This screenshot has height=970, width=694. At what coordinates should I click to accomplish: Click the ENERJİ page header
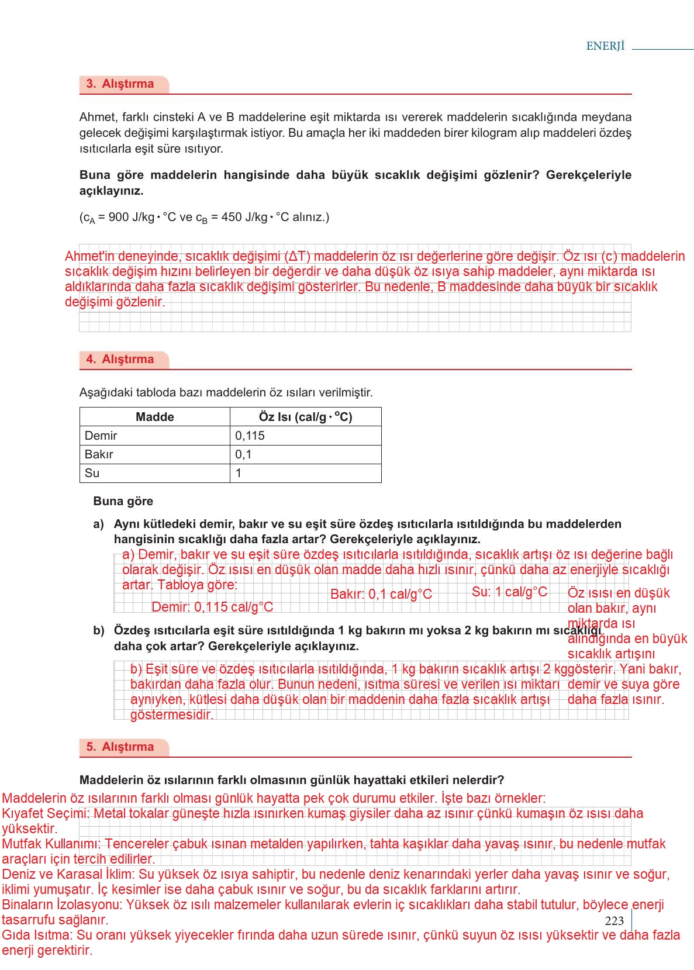[x=605, y=46]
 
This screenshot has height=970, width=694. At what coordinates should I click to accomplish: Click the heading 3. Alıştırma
[x=120, y=84]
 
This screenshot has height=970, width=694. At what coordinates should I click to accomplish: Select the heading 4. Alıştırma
[x=120, y=359]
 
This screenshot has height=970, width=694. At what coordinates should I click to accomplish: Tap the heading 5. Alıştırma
[x=120, y=747]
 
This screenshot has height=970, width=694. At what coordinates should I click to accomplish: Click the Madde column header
[x=155, y=417]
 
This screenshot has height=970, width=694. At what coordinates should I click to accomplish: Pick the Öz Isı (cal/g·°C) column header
[x=305, y=417]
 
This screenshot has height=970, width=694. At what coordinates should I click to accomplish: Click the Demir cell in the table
[x=101, y=436]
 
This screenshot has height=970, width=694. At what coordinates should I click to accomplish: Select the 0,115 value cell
[x=250, y=436]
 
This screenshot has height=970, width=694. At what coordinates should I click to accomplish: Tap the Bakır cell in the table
[x=99, y=454]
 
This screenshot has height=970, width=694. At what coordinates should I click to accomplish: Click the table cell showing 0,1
[x=243, y=454]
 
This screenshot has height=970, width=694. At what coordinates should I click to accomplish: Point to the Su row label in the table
[x=92, y=473]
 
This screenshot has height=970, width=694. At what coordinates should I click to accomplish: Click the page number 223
[x=614, y=921]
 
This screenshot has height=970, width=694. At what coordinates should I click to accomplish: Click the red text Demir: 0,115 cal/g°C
[x=212, y=607]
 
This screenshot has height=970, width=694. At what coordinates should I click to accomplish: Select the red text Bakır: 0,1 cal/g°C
[x=381, y=594]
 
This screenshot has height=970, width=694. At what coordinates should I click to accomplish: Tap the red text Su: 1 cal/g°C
[x=509, y=592]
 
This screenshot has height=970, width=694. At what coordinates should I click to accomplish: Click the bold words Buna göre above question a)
[x=123, y=501]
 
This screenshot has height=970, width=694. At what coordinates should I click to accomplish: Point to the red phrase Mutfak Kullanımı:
[x=51, y=844]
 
